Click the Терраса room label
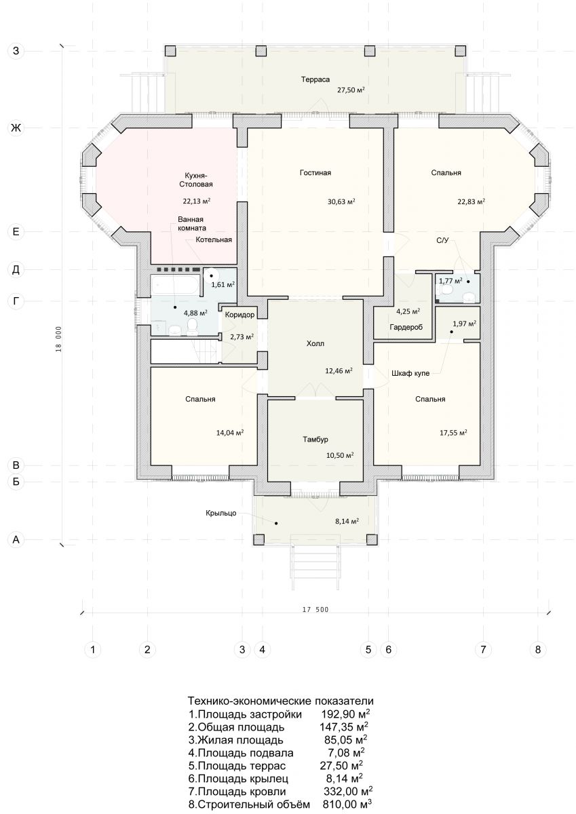point(315,79)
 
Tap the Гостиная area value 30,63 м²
point(341,201)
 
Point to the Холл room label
point(315,343)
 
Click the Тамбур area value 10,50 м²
point(340,455)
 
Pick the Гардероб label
point(406,327)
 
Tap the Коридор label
point(239,315)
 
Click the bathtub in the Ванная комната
point(175,287)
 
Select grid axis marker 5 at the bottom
point(368,649)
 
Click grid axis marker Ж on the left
point(16,128)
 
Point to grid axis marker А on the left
point(16,540)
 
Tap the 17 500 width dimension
point(315,609)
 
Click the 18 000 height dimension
point(59,338)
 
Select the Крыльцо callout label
point(221,513)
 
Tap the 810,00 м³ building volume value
point(347,804)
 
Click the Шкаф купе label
point(410,373)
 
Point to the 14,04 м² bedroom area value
point(230,433)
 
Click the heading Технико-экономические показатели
point(280,701)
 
